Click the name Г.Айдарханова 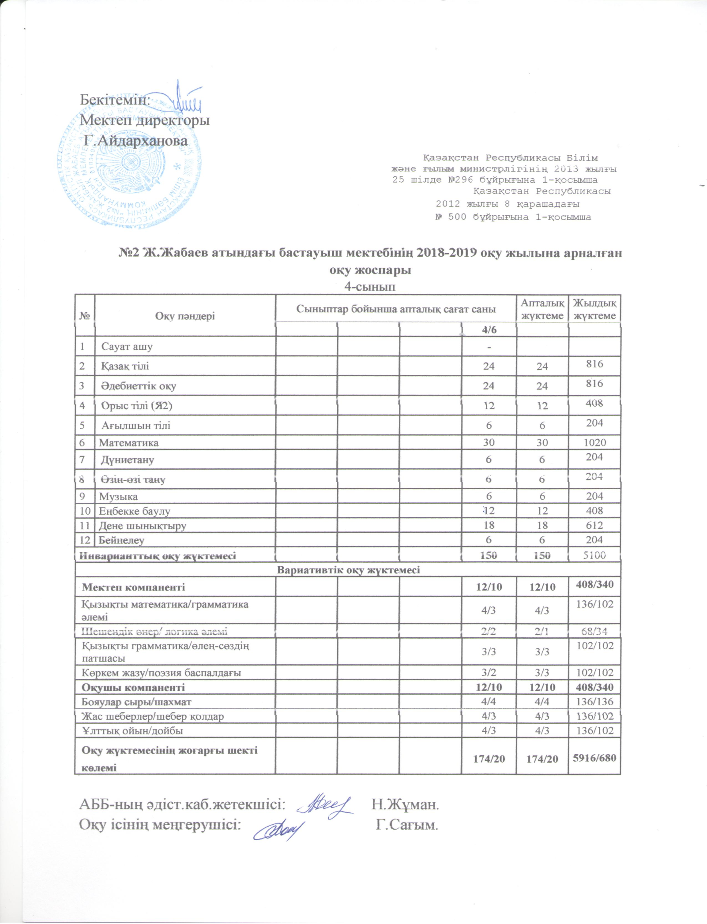click(136, 141)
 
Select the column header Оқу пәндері click(185, 316)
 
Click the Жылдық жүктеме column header click(594, 309)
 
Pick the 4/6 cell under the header click(488, 329)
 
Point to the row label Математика click(128, 442)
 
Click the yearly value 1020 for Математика click(594, 442)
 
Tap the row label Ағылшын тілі click(136, 426)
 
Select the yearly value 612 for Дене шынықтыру click(594, 525)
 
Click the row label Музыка click(118, 497)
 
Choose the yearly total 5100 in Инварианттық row click(594, 555)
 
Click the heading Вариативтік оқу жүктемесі click(348, 570)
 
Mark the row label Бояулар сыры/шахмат click(137, 702)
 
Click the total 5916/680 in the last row click(594, 758)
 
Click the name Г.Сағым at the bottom click(407, 824)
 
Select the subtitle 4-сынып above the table click(370, 287)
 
